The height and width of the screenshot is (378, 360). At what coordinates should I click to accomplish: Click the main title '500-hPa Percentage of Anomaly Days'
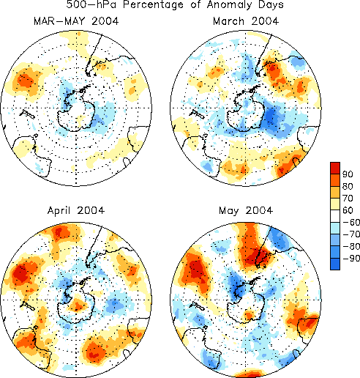(175, 4)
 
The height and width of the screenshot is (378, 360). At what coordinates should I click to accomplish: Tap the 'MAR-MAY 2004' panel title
(76, 21)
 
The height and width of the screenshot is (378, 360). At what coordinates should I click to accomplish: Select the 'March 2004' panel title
(246, 21)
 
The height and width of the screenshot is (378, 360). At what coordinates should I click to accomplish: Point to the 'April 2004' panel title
(76, 210)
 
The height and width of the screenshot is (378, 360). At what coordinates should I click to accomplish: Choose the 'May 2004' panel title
(246, 210)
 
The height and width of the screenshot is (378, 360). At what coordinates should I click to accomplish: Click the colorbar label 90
(348, 174)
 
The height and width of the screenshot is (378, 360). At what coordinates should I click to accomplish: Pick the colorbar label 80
(348, 186)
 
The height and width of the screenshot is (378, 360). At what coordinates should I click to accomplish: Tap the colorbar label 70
(348, 199)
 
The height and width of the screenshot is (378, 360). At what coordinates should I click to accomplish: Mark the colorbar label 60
(348, 210)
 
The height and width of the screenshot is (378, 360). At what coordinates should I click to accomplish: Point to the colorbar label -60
(351, 222)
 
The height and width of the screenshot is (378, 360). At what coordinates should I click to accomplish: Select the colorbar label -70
(351, 234)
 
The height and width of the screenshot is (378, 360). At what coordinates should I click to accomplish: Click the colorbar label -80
(351, 246)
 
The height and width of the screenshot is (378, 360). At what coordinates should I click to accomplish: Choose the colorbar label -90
(351, 258)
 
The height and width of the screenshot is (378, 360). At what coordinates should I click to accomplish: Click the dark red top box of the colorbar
(335, 168)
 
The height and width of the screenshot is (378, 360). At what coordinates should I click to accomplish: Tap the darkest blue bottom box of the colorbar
(335, 264)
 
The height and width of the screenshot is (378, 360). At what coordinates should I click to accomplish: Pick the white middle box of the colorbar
(335, 216)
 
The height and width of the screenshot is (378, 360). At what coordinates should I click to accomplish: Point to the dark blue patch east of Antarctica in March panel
(271, 117)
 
